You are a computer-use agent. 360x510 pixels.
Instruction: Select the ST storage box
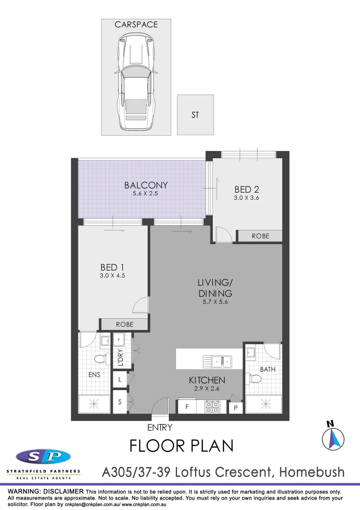click(x=195, y=115)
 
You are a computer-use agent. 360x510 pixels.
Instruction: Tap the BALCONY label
click(x=146, y=185)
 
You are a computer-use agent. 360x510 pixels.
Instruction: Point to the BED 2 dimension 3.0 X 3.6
click(x=246, y=198)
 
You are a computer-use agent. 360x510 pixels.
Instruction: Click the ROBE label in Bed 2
click(x=260, y=236)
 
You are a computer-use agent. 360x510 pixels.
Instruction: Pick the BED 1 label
click(x=112, y=268)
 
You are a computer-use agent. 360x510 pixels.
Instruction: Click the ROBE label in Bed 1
click(x=125, y=324)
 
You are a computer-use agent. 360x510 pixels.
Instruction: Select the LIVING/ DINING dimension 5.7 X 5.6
click(x=215, y=302)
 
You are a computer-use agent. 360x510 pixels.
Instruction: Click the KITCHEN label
click(x=207, y=380)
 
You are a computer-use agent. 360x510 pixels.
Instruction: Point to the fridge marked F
click(x=187, y=406)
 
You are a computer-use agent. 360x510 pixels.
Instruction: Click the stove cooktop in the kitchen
click(x=212, y=407)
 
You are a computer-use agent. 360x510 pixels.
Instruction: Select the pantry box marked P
click(x=235, y=408)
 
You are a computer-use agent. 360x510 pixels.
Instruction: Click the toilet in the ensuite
click(x=100, y=359)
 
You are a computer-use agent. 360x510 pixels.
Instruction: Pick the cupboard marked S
click(x=120, y=402)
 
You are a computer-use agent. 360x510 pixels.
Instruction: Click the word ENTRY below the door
click(x=160, y=428)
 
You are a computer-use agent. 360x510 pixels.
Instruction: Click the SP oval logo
click(x=43, y=457)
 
